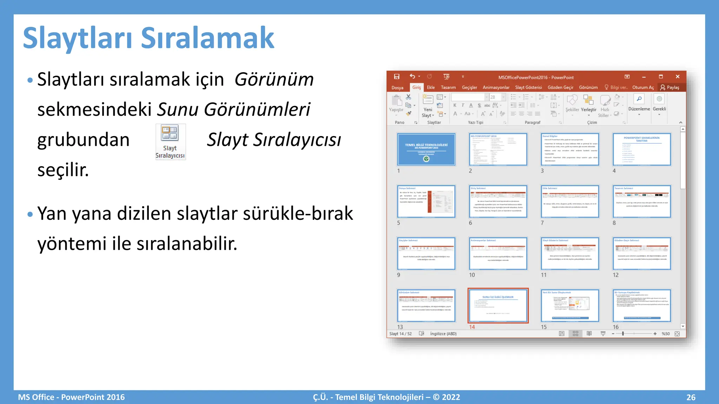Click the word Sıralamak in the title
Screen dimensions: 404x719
(207, 38)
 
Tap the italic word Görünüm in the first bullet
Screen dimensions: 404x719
(274, 79)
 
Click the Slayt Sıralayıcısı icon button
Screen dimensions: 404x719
(170, 142)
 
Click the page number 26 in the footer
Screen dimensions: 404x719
(691, 397)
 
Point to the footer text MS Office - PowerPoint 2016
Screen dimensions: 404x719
(71, 397)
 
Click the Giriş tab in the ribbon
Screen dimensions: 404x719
(416, 87)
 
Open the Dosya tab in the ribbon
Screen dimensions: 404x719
(397, 87)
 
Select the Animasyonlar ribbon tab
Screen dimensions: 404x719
(496, 87)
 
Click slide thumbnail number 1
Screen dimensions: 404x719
(426, 149)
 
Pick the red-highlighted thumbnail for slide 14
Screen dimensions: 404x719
(498, 305)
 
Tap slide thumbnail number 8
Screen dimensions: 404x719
(642, 201)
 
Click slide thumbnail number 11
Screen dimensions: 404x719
(570, 254)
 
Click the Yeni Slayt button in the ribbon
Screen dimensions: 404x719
(428, 105)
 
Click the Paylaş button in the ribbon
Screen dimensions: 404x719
(670, 87)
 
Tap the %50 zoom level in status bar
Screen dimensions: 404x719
(665, 334)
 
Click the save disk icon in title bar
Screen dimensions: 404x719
(397, 76)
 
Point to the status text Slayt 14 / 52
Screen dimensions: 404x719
(400, 334)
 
